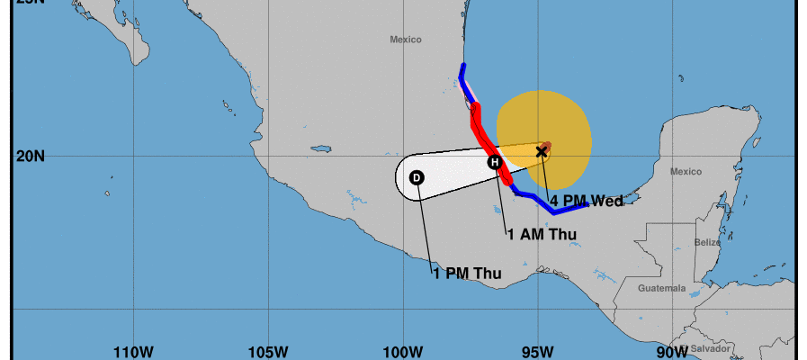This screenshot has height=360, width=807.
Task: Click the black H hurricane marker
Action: [x=494, y=162]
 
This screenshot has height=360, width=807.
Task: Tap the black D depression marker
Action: [x=417, y=178]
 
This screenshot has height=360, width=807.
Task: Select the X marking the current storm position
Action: [x=542, y=151]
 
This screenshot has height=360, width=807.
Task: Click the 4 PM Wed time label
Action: [x=587, y=202]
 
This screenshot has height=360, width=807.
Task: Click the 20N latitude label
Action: [x=31, y=156]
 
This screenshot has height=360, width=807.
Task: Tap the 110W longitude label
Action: [x=132, y=351]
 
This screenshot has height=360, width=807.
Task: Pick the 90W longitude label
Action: [x=673, y=351]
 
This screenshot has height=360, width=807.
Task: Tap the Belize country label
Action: [x=707, y=243]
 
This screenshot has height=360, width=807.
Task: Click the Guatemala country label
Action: [x=661, y=289]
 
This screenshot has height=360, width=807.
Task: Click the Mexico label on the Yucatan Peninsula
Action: [x=686, y=171]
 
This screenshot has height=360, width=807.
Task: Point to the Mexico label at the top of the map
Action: [x=406, y=40]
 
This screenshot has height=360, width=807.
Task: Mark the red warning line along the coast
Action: [x=484, y=135]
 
